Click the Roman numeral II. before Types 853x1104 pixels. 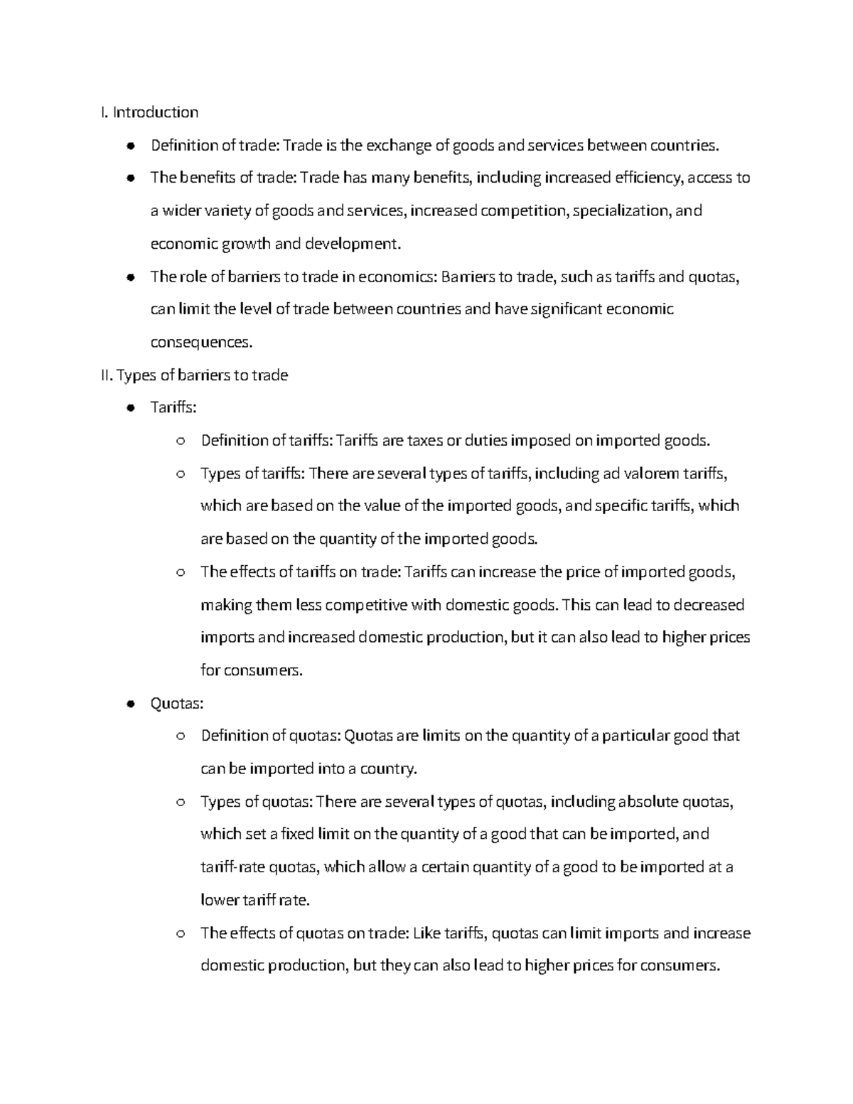coord(107,375)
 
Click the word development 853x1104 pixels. coord(353,244)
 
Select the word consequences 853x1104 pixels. coord(201,343)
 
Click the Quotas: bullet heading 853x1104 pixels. coord(177,704)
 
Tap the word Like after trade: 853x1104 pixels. coord(426,933)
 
